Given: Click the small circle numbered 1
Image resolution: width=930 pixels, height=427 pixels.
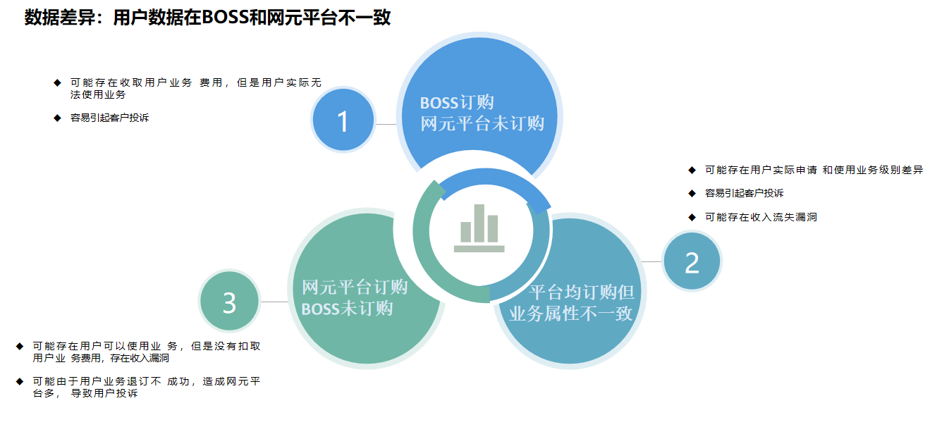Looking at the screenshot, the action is (x=343, y=120).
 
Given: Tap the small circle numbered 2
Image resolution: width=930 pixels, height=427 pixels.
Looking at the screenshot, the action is (x=692, y=261).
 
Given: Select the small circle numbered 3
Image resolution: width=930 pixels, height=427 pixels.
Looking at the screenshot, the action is (x=230, y=302).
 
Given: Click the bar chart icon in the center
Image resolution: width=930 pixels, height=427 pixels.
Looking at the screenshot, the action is (x=479, y=228).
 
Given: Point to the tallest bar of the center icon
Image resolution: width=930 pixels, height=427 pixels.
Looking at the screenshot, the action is (x=479, y=223).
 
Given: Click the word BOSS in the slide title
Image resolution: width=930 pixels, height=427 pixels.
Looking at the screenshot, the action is (x=225, y=18).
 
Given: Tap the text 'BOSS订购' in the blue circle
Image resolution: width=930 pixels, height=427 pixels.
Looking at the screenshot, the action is (x=457, y=102).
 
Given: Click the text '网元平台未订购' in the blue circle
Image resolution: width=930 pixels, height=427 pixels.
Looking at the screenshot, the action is (x=482, y=123).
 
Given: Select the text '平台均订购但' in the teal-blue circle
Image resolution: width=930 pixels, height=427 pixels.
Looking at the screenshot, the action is (x=581, y=292).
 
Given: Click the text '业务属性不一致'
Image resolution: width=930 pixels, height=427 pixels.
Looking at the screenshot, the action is (x=571, y=314).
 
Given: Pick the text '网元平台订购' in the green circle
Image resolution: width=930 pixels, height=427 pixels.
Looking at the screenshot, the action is (x=355, y=287).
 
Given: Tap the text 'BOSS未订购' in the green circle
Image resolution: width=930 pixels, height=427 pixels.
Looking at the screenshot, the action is (x=347, y=309).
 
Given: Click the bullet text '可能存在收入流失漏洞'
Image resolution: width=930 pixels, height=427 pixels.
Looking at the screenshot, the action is (x=761, y=217).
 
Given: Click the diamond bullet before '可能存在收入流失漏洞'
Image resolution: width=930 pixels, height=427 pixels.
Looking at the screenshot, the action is (x=692, y=217).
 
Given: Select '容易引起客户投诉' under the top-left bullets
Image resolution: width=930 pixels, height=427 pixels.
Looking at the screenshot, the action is (x=109, y=118).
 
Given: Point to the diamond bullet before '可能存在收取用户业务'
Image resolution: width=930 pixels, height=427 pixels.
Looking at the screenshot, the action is (x=57, y=82).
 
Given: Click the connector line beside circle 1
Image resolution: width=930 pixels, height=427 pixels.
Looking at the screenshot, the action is (x=386, y=124).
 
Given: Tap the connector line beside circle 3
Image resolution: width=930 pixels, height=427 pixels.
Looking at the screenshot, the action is (x=274, y=302).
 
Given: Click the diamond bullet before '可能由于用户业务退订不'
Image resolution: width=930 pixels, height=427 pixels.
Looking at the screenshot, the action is (x=20, y=381).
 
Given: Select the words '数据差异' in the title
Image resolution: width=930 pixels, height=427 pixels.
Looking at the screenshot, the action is (x=60, y=18).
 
